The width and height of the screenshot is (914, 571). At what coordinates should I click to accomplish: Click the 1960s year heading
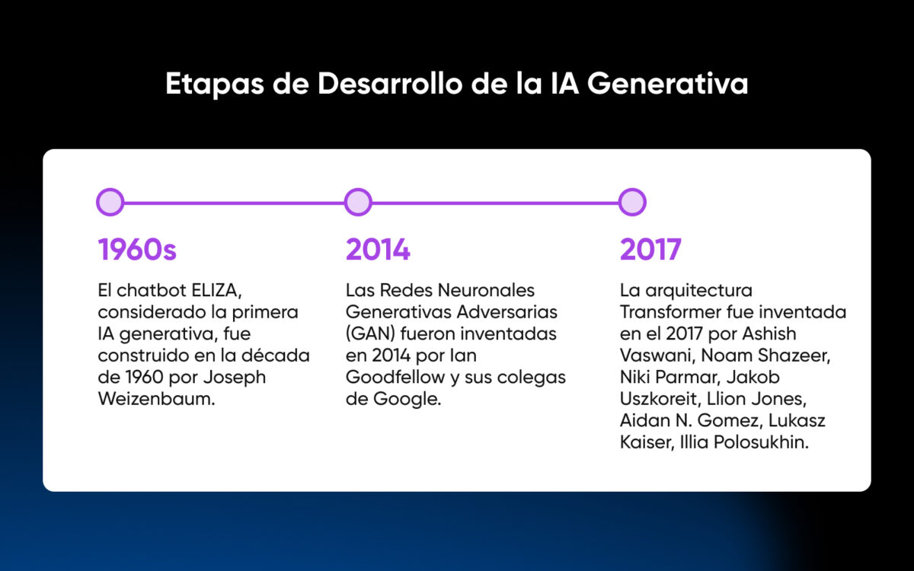(137, 250)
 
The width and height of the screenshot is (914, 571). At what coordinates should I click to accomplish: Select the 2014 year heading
(378, 250)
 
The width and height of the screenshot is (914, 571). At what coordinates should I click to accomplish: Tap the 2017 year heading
(650, 250)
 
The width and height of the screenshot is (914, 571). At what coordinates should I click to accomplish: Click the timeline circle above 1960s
(110, 203)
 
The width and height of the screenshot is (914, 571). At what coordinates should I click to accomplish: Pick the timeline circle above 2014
(357, 203)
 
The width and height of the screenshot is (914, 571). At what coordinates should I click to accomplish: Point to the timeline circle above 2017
(632, 203)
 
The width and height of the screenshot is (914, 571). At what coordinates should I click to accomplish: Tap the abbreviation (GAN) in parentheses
(370, 334)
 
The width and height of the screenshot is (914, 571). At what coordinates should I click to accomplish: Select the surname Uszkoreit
(660, 399)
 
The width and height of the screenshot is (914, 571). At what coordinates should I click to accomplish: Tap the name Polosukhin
(762, 442)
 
